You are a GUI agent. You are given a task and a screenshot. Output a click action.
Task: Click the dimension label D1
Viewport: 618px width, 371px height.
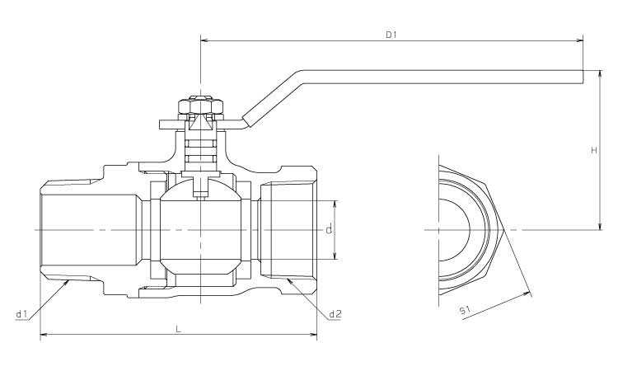[391, 35]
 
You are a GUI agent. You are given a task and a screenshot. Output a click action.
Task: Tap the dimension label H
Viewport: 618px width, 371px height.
[594, 150]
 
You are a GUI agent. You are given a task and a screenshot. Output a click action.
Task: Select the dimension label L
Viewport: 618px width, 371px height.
[179, 328]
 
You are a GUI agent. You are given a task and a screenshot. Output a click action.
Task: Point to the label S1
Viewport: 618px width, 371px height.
[465, 310]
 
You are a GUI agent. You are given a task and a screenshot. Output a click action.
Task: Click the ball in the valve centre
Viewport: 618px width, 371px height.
[200, 228]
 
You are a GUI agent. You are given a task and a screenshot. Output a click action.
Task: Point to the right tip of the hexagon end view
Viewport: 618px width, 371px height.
[504, 228]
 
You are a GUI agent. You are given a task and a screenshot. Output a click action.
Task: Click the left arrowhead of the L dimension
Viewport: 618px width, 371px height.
[44, 334]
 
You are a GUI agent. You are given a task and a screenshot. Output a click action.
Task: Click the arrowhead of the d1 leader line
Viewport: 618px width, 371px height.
[68, 281]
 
